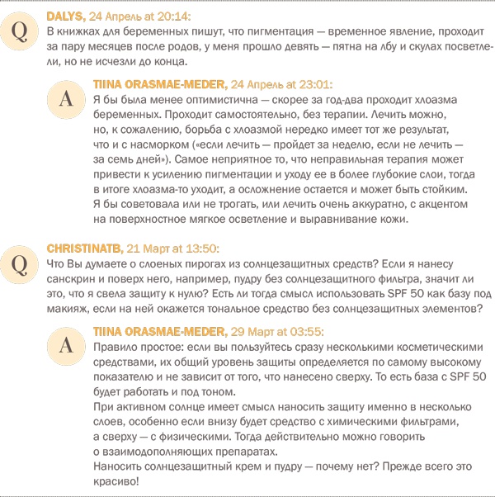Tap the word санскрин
(73, 278)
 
